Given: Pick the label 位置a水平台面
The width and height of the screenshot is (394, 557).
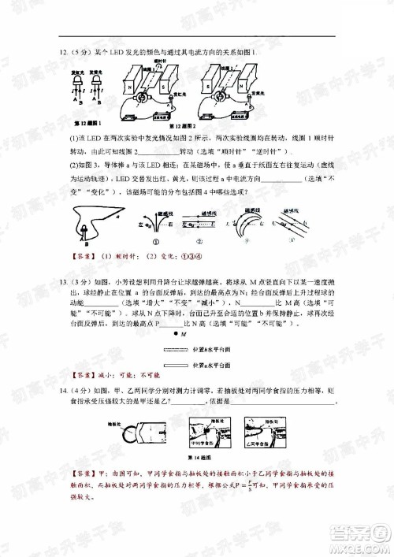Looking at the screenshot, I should click(x=210, y=365).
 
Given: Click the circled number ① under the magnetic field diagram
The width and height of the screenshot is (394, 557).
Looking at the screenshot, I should click(x=157, y=243).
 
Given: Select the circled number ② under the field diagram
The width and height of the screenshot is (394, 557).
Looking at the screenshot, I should click(x=200, y=243).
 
